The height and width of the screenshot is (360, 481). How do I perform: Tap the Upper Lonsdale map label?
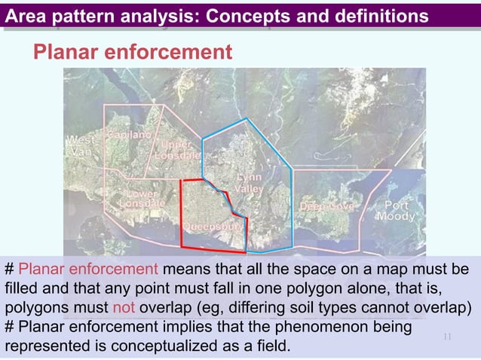(x=176, y=149)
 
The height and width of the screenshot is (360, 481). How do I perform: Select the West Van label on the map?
(x=81, y=145)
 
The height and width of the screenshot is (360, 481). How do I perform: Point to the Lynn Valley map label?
(x=249, y=184)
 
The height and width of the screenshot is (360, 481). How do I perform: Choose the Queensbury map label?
(x=213, y=226)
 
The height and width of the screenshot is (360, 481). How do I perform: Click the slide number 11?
(x=446, y=337)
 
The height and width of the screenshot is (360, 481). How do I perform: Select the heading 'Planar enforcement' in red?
(x=131, y=52)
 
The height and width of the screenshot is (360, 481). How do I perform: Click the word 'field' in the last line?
(x=271, y=347)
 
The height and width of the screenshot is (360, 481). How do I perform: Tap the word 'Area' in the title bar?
(x=28, y=15)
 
